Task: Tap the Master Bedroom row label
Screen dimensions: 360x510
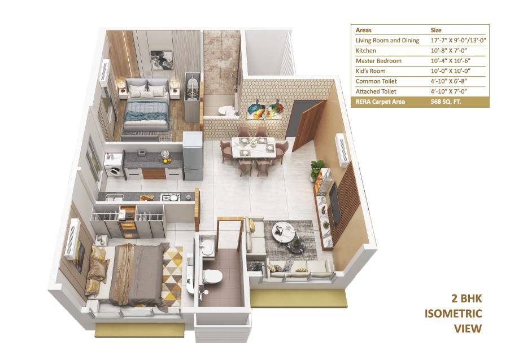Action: pyautogui.click(x=378, y=60)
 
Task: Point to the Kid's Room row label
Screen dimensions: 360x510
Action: pyautogui.click(x=373, y=71)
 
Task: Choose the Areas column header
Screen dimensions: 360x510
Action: pyautogui.click(x=364, y=30)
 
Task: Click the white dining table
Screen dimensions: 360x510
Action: pyautogui.click(x=254, y=147)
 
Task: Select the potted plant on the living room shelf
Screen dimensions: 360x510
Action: pyautogui.click(x=316, y=168)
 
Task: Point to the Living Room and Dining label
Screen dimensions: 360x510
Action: pyautogui.click(x=387, y=40)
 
